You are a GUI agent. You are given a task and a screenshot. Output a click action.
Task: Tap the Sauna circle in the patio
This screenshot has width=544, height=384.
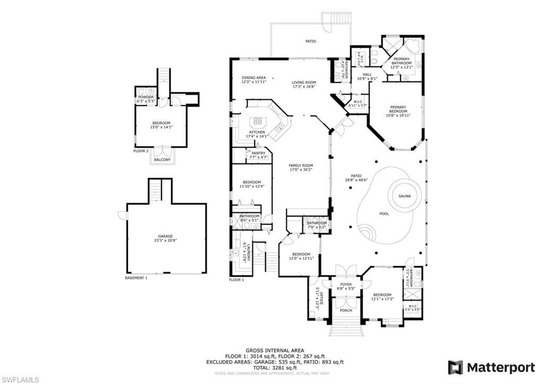point(405,196)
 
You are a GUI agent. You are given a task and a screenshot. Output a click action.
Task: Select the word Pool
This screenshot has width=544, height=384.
point(384,214)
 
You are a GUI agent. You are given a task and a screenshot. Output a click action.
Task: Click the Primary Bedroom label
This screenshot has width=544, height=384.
point(398,109)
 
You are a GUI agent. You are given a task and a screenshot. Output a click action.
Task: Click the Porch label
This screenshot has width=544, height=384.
point(346,311)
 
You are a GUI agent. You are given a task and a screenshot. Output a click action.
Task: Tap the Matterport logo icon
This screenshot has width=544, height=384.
point(455,368)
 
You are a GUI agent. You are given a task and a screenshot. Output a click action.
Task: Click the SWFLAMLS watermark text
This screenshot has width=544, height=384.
point(20,379)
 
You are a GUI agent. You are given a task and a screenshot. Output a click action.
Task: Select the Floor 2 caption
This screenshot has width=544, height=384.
point(141,151)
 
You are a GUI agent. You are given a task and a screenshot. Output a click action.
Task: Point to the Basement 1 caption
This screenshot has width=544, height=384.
point(136,278)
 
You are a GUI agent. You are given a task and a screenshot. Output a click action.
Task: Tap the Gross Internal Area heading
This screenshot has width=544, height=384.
point(275,351)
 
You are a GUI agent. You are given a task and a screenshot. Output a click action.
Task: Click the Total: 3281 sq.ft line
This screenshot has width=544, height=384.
point(275,368)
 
